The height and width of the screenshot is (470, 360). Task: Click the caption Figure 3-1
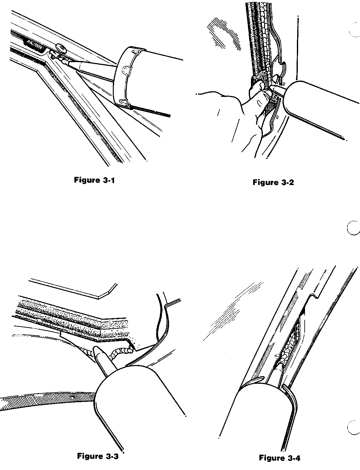click(94, 180)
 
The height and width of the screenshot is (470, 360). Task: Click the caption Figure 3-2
click(273, 182)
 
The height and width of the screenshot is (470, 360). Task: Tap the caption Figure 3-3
click(98, 456)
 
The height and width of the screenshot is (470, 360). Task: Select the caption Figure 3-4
click(280, 458)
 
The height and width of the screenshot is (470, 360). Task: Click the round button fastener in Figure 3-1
click(61, 48)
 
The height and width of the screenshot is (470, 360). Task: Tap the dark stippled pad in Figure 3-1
click(35, 44)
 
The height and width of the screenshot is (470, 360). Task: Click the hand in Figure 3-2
click(244, 112)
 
